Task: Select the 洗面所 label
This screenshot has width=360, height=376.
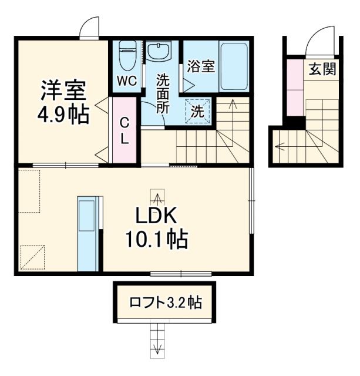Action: [163, 93]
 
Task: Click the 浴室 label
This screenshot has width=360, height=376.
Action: [200, 66]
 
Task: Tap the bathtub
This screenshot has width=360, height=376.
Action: [234, 65]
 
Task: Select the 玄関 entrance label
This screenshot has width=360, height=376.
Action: [322, 69]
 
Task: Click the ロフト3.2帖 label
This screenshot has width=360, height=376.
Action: [166, 303]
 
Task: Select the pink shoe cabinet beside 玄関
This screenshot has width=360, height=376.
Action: [292, 88]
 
